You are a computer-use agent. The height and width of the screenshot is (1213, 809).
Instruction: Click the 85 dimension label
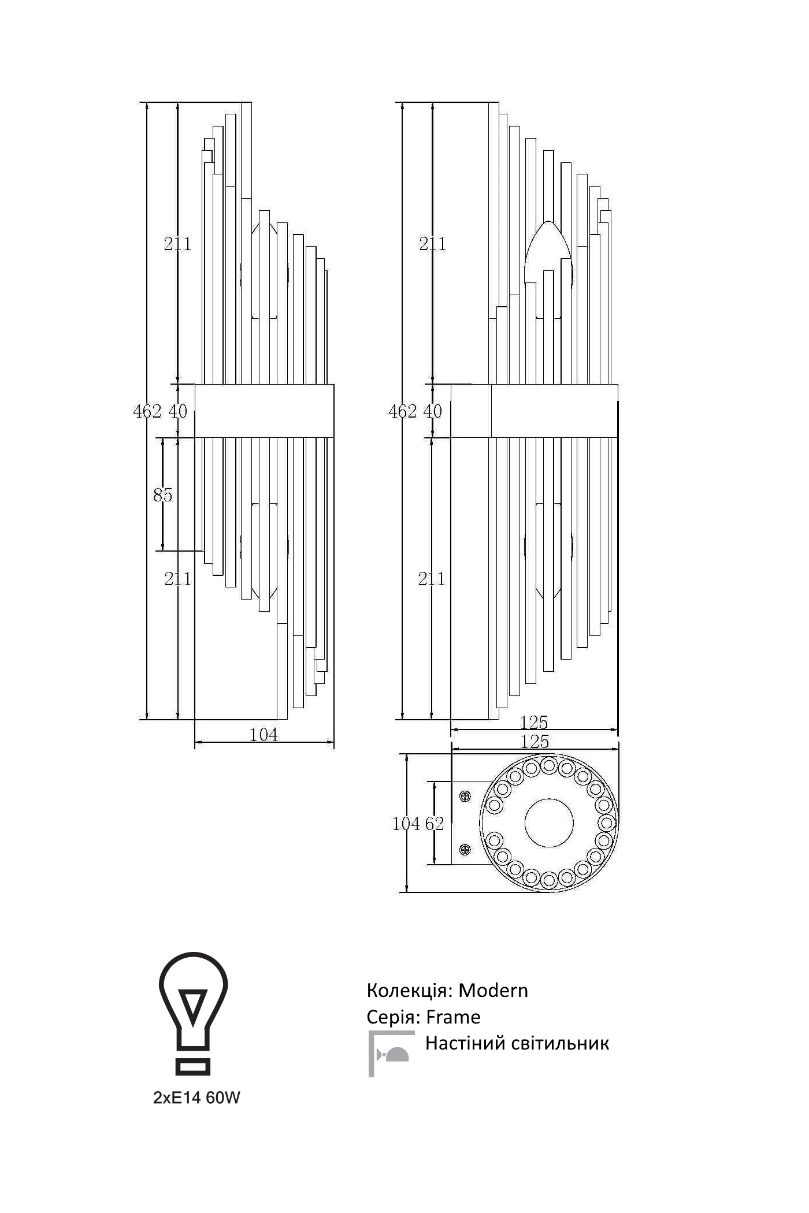click(x=163, y=495)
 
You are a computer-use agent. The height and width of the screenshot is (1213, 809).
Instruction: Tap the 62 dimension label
click(x=435, y=824)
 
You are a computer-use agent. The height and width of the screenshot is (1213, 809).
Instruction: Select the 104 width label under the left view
click(x=264, y=735)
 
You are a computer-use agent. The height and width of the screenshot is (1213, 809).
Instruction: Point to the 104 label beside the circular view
click(x=406, y=824)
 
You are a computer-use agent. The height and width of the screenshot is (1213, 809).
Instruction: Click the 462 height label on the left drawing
click(x=147, y=411)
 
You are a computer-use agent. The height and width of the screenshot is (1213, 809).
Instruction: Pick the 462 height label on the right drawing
click(x=403, y=411)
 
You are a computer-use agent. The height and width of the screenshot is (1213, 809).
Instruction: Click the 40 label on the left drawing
click(x=178, y=411)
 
